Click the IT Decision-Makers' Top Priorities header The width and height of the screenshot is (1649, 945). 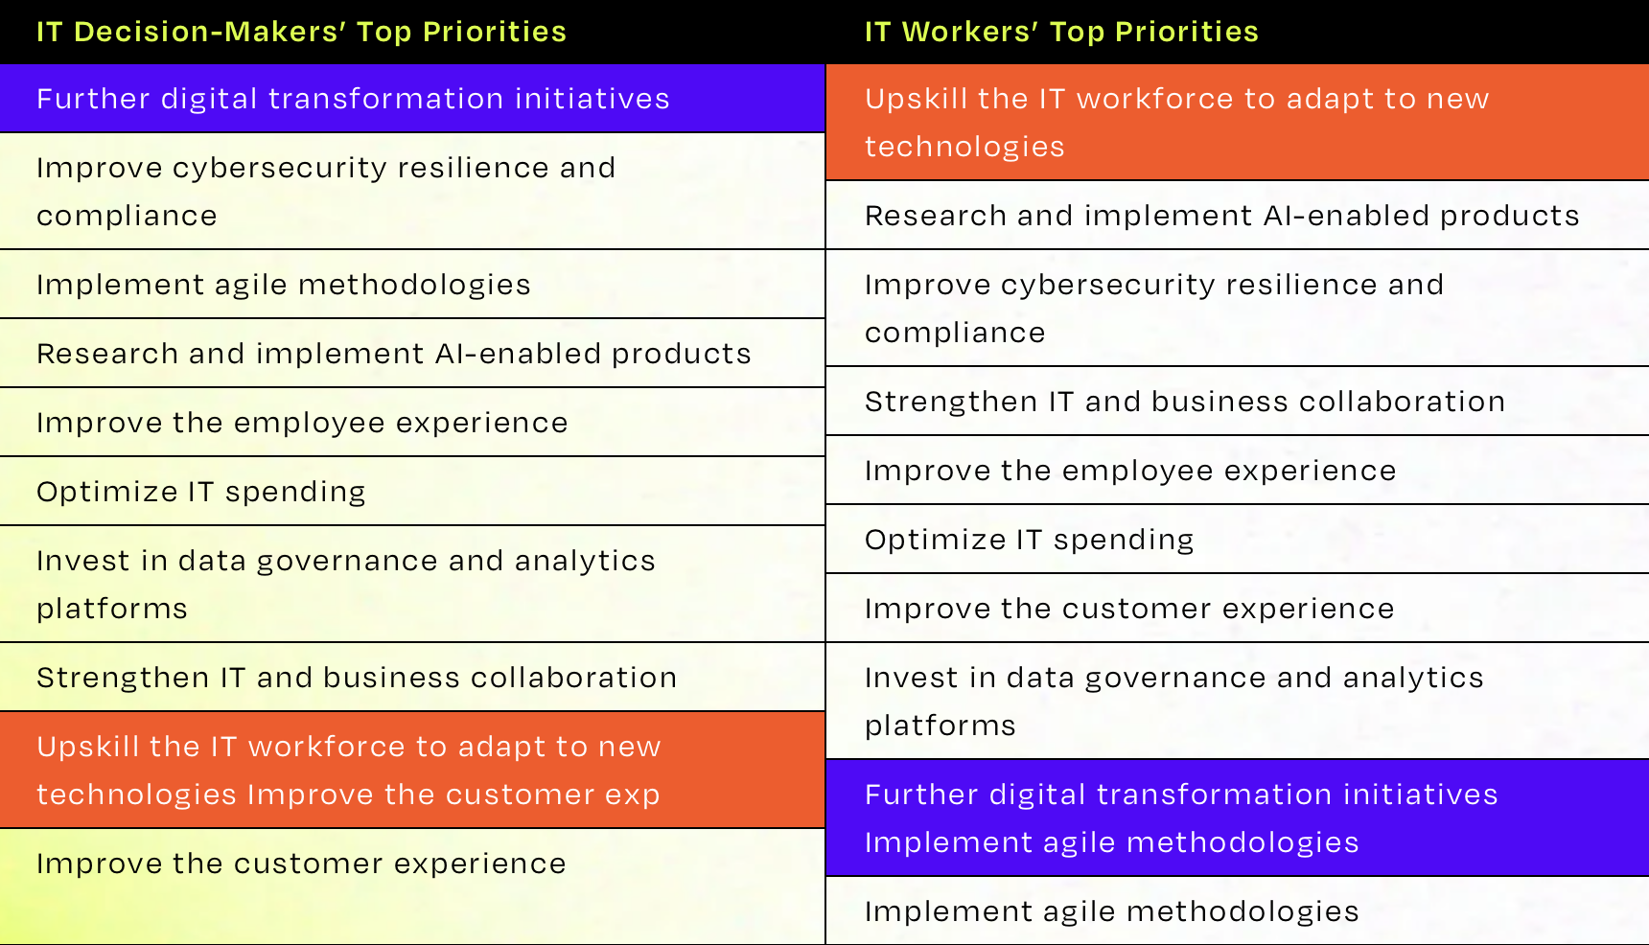click(x=301, y=32)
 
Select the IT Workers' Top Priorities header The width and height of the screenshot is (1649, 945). click(x=1061, y=32)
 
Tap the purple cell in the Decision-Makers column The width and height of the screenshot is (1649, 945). click(x=412, y=99)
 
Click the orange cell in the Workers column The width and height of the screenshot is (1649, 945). click(x=1238, y=123)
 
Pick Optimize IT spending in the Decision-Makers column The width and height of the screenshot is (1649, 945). click(x=201, y=492)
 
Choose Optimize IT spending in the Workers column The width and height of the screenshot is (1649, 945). click(x=1030, y=540)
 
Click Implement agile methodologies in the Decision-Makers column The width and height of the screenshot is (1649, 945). click(x=284, y=285)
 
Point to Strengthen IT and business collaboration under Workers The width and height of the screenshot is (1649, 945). click(x=1185, y=402)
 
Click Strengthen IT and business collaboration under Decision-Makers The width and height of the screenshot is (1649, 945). click(x=357, y=678)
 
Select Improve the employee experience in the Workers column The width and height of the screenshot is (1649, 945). click(x=1130, y=471)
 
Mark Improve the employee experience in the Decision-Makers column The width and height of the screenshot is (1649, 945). click(x=302, y=423)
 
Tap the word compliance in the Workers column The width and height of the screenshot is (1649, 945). click(x=955, y=334)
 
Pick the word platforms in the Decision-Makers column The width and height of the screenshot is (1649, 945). click(x=112, y=610)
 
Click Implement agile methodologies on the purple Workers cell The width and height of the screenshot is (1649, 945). click(x=1112, y=842)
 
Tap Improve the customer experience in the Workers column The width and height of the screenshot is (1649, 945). click(x=1129, y=609)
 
